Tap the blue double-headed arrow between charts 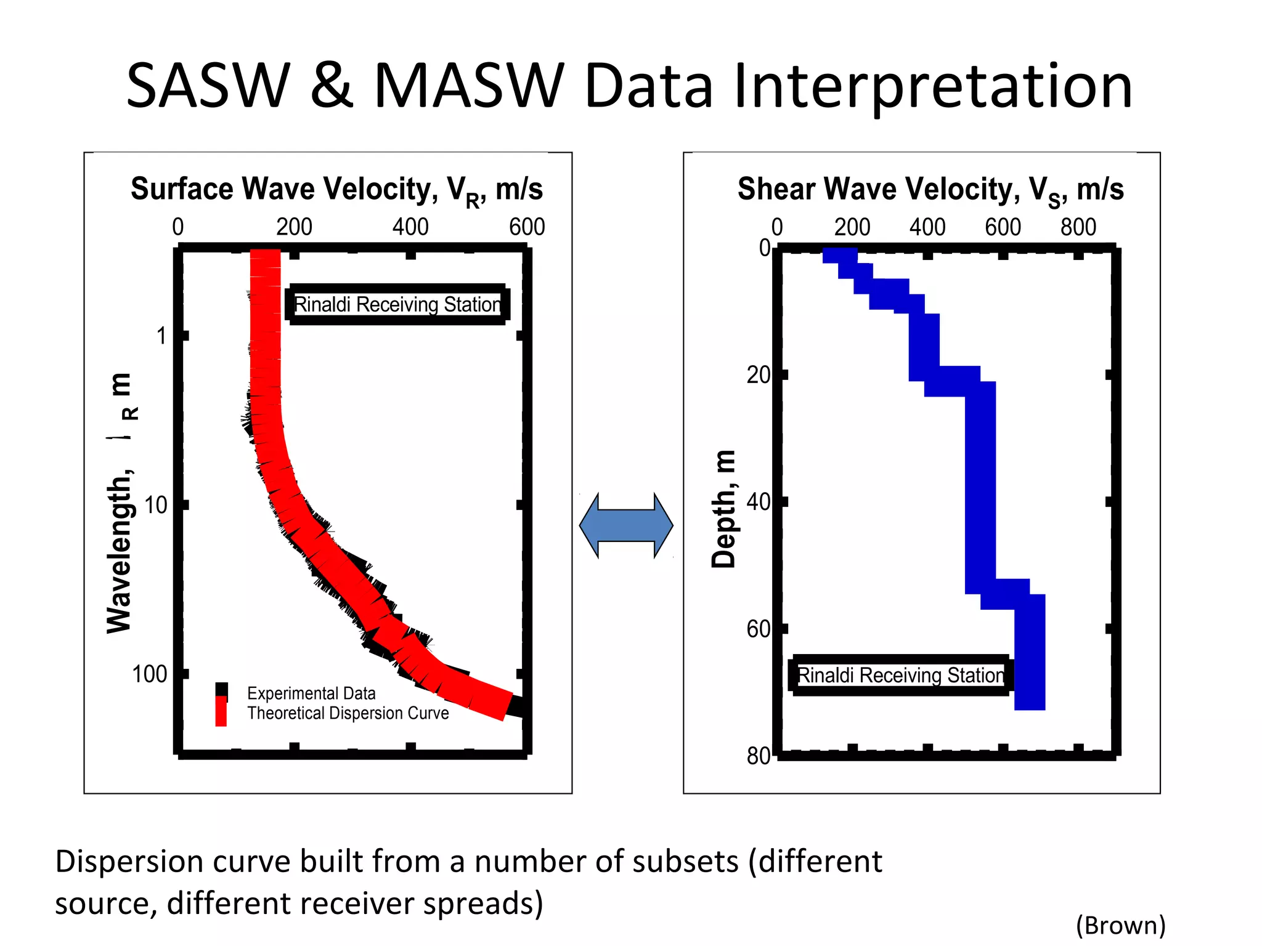pos(626,525)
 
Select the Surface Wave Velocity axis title pos(336,189)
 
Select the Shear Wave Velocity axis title pos(930,189)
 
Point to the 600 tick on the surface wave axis pos(527,227)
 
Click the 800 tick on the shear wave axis pos(1078,227)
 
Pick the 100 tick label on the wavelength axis pos(150,674)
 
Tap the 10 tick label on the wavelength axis pos(155,506)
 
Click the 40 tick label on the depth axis pos(759,502)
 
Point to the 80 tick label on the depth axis pos(759,756)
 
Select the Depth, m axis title pos(724,508)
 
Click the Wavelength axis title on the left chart pos(119,502)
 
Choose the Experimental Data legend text pos(311,693)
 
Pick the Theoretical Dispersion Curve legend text pos(348,713)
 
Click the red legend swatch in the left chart pos(221,712)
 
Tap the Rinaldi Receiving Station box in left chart pos(397,304)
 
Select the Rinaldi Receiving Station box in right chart pos(900,675)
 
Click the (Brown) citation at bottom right pos(1120,925)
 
